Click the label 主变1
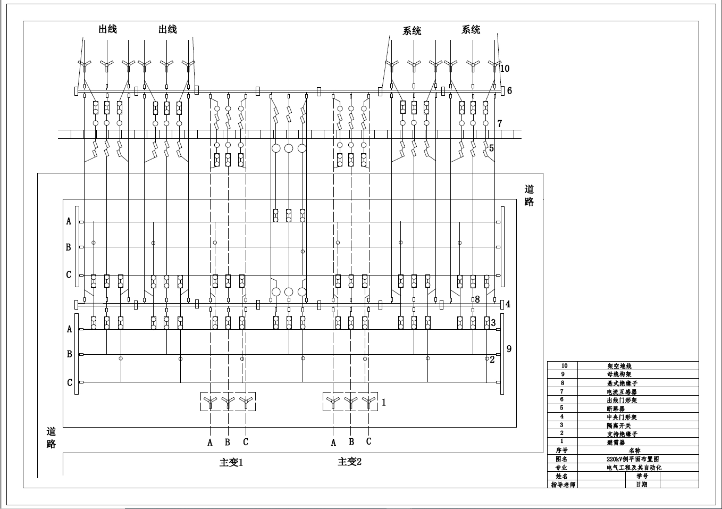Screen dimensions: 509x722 (x=231, y=462)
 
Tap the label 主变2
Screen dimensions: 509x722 (x=349, y=461)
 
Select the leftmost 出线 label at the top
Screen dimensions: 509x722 (x=107, y=29)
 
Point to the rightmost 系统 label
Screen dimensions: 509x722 (x=471, y=30)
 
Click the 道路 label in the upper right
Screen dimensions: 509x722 (x=529, y=195)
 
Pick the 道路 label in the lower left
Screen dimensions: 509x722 (x=51, y=438)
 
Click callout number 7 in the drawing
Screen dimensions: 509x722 (x=500, y=124)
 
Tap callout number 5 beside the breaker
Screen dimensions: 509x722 (x=491, y=148)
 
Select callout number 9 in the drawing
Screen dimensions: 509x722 (x=509, y=348)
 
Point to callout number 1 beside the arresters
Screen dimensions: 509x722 (x=384, y=403)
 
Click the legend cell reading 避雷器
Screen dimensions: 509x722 (x=616, y=442)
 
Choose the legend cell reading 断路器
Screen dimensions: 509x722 (x=616, y=408)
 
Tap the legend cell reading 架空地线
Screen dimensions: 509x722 (x=619, y=366)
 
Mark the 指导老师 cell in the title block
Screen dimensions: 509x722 (x=563, y=485)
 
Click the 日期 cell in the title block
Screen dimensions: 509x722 (x=642, y=485)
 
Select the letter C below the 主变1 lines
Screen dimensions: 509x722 (x=246, y=442)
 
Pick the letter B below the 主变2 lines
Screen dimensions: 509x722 (x=351, y=441)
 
